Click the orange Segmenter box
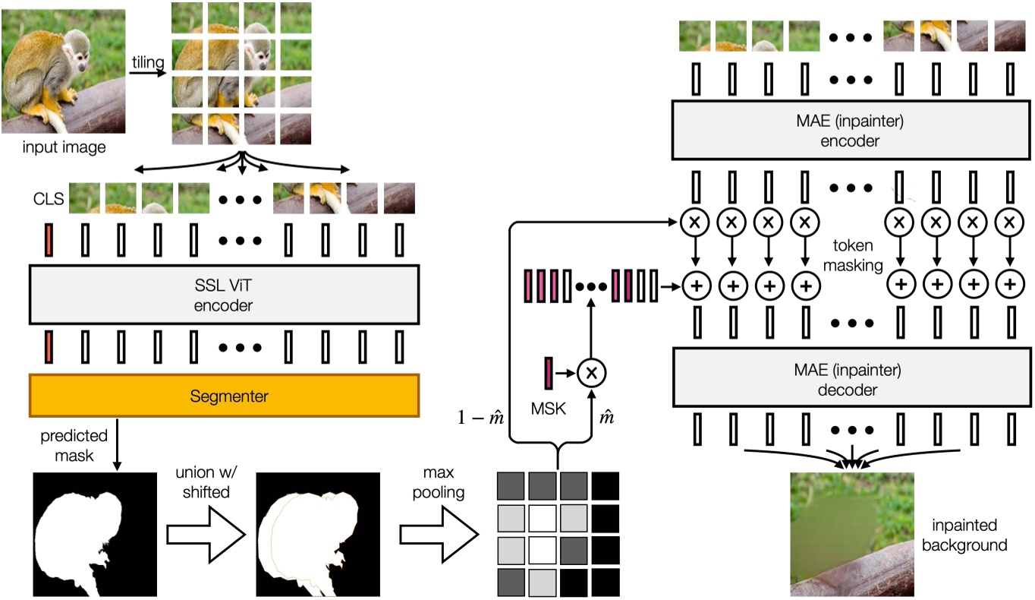tap(224, 395)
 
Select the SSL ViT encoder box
tap(224, 294)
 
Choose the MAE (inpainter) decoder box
tap(843, 381)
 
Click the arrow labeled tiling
tap(149, 74)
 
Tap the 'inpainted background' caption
tap(971, 535)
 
